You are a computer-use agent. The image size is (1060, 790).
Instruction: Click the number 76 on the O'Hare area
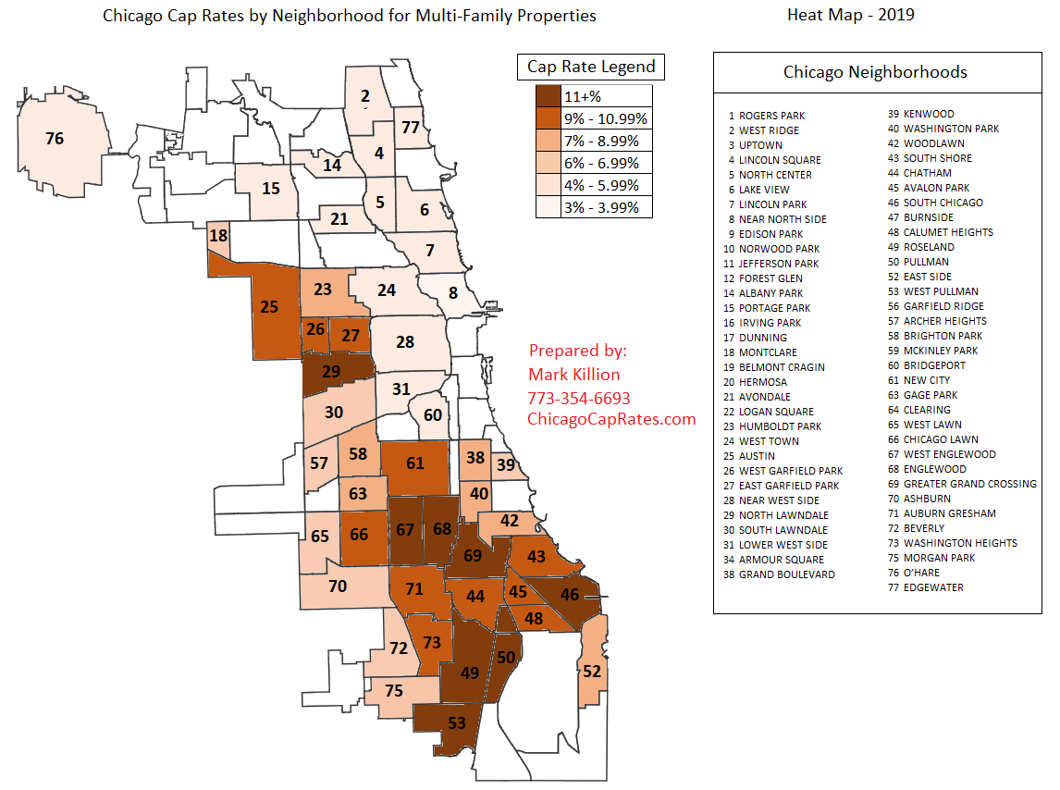pos(55,139)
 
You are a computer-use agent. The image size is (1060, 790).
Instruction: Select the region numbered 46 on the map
pos(570,594)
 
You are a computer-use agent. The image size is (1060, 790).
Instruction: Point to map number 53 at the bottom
pos(456,722)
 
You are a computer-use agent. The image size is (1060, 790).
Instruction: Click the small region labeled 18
pos(218,236)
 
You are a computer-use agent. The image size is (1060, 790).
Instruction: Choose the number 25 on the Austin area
pos(269,306)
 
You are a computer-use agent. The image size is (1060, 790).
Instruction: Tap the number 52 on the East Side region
pos(592,671)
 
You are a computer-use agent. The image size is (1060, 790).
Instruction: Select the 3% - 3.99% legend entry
pos(607,207)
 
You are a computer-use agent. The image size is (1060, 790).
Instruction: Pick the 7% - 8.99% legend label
pos(607,141)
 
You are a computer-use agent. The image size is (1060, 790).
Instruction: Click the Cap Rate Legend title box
pos(591,67)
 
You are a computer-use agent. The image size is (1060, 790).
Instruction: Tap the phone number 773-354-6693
pos(579,399)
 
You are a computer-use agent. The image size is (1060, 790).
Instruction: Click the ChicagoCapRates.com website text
pos(610,419)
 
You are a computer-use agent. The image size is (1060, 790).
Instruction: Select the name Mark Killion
pos(573,375)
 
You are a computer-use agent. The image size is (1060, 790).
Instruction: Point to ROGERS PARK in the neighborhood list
pos(771,116)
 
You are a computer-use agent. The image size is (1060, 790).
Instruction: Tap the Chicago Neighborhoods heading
pos(875,71)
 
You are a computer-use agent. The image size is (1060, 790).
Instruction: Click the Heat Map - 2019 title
pos(850,15)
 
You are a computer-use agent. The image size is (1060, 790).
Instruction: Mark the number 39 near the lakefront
pos(505,464)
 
